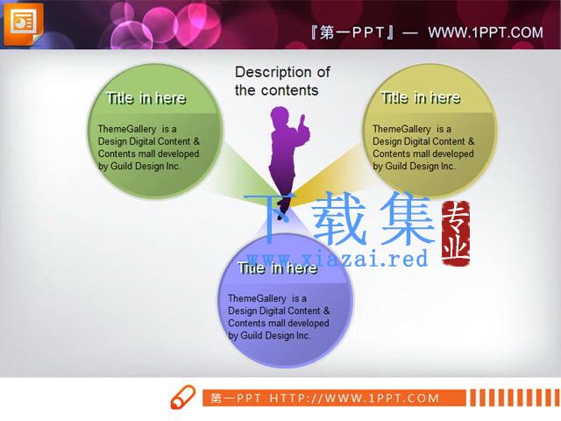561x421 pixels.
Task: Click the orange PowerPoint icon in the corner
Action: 24,24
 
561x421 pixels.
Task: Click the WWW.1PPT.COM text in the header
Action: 486,33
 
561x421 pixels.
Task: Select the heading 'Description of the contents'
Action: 282,81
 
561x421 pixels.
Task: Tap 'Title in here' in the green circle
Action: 146,98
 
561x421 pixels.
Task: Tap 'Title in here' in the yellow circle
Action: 421,98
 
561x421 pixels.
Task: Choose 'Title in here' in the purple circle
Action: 278,268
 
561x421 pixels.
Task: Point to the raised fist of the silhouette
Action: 302,120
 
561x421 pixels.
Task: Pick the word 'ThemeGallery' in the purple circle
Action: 257,298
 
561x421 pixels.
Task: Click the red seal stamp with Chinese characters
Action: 456,234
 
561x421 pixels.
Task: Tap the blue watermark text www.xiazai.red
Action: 337,259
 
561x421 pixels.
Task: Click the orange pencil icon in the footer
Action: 183,397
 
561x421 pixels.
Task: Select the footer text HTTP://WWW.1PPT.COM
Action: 354,398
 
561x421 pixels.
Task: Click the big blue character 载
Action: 339,218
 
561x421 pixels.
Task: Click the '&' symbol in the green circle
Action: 196,141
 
